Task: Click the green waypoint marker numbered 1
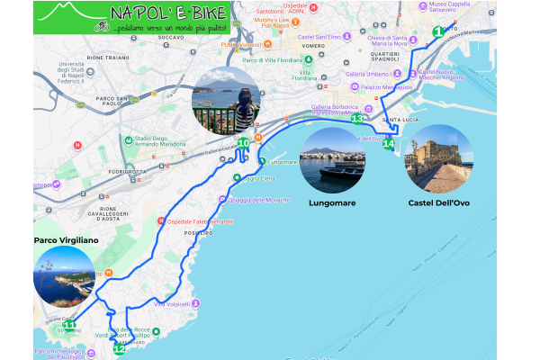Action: point(437,31)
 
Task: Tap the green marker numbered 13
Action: point(357,118)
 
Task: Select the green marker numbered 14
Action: point(389,143)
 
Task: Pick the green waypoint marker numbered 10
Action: point(243,142)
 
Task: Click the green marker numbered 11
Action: point(57,327)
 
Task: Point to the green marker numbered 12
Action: point(119,348)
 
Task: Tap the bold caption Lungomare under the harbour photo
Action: point(328,202)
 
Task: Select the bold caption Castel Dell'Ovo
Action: point(438,202)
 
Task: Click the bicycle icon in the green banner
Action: point(103,27)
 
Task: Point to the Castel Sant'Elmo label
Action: point(322,36)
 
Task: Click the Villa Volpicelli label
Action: point(176,303)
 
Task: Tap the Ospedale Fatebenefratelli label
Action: point(197,221)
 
